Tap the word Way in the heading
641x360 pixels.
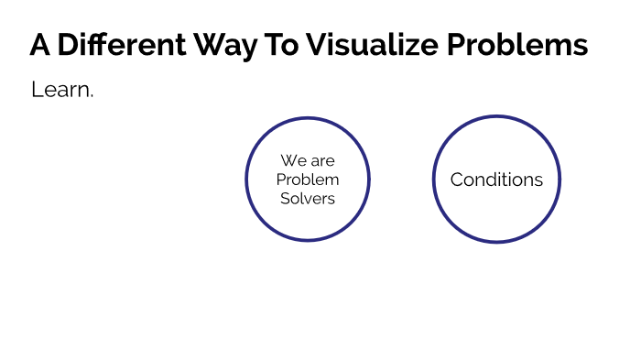coord(224,45)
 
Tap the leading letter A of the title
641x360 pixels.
coord(39,45)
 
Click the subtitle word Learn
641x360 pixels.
coord(60,90)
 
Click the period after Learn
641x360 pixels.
coord(92,95)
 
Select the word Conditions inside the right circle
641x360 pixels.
coord(496,180)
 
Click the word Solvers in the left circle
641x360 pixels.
coord(308,198)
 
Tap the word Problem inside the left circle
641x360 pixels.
coord(308,180)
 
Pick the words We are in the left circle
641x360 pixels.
coord(308,161)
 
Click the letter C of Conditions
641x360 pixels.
coord(456,180)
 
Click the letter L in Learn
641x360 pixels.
coord(36,90)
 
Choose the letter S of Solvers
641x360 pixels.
coord(285,198)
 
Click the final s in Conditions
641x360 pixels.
coord(538,180)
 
